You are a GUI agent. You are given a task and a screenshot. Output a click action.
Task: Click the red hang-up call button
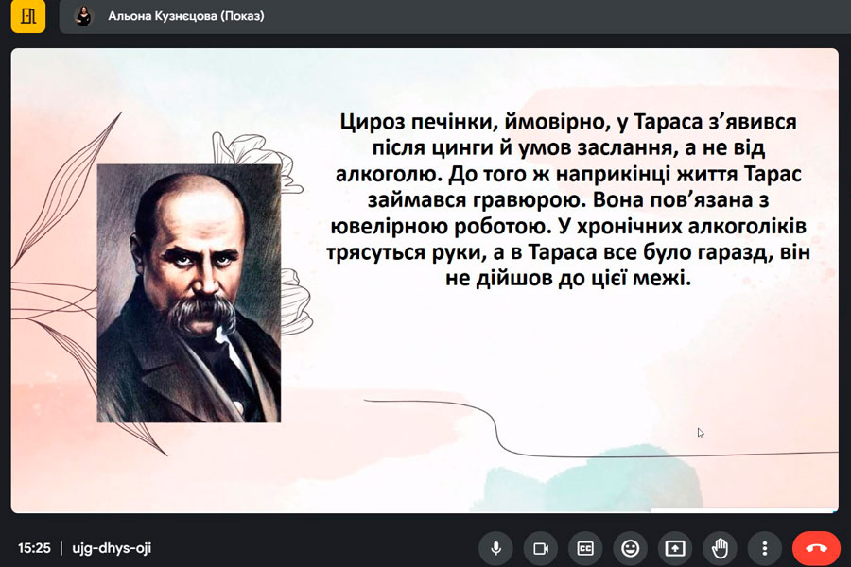click(x=816, y=548)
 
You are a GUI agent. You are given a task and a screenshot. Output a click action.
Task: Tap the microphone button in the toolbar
click(x=496, y=548)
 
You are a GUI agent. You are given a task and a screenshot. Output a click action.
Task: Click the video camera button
click(x=541, y=548)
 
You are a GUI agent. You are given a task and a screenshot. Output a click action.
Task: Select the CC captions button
click(x=585, y=548)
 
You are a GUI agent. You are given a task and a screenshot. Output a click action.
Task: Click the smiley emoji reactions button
click(x=630, y=548)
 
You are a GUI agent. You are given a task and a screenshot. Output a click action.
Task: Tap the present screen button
click(x=675, y=548)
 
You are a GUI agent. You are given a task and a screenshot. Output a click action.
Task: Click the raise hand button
click(x=720, y=548)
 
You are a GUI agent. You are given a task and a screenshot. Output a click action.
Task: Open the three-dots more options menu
click(x=765, y=548)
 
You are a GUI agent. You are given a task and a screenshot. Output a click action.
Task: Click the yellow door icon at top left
click(x=28, y=16)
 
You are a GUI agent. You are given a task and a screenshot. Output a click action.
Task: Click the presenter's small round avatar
click(x=83, y=16)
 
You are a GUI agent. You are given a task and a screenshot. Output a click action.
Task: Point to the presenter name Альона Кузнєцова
click(x=163, y=16)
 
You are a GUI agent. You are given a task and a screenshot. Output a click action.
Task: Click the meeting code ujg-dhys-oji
click(x=112, y=548)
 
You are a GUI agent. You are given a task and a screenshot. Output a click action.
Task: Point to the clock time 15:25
click(x=34, y=548)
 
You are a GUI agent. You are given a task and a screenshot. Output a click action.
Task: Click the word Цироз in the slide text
click(x=373, y=122)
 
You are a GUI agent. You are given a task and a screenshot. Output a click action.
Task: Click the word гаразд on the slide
click(x=731, y=252)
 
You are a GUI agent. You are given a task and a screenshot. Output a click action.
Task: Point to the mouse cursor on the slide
click(x=700, y=433)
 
